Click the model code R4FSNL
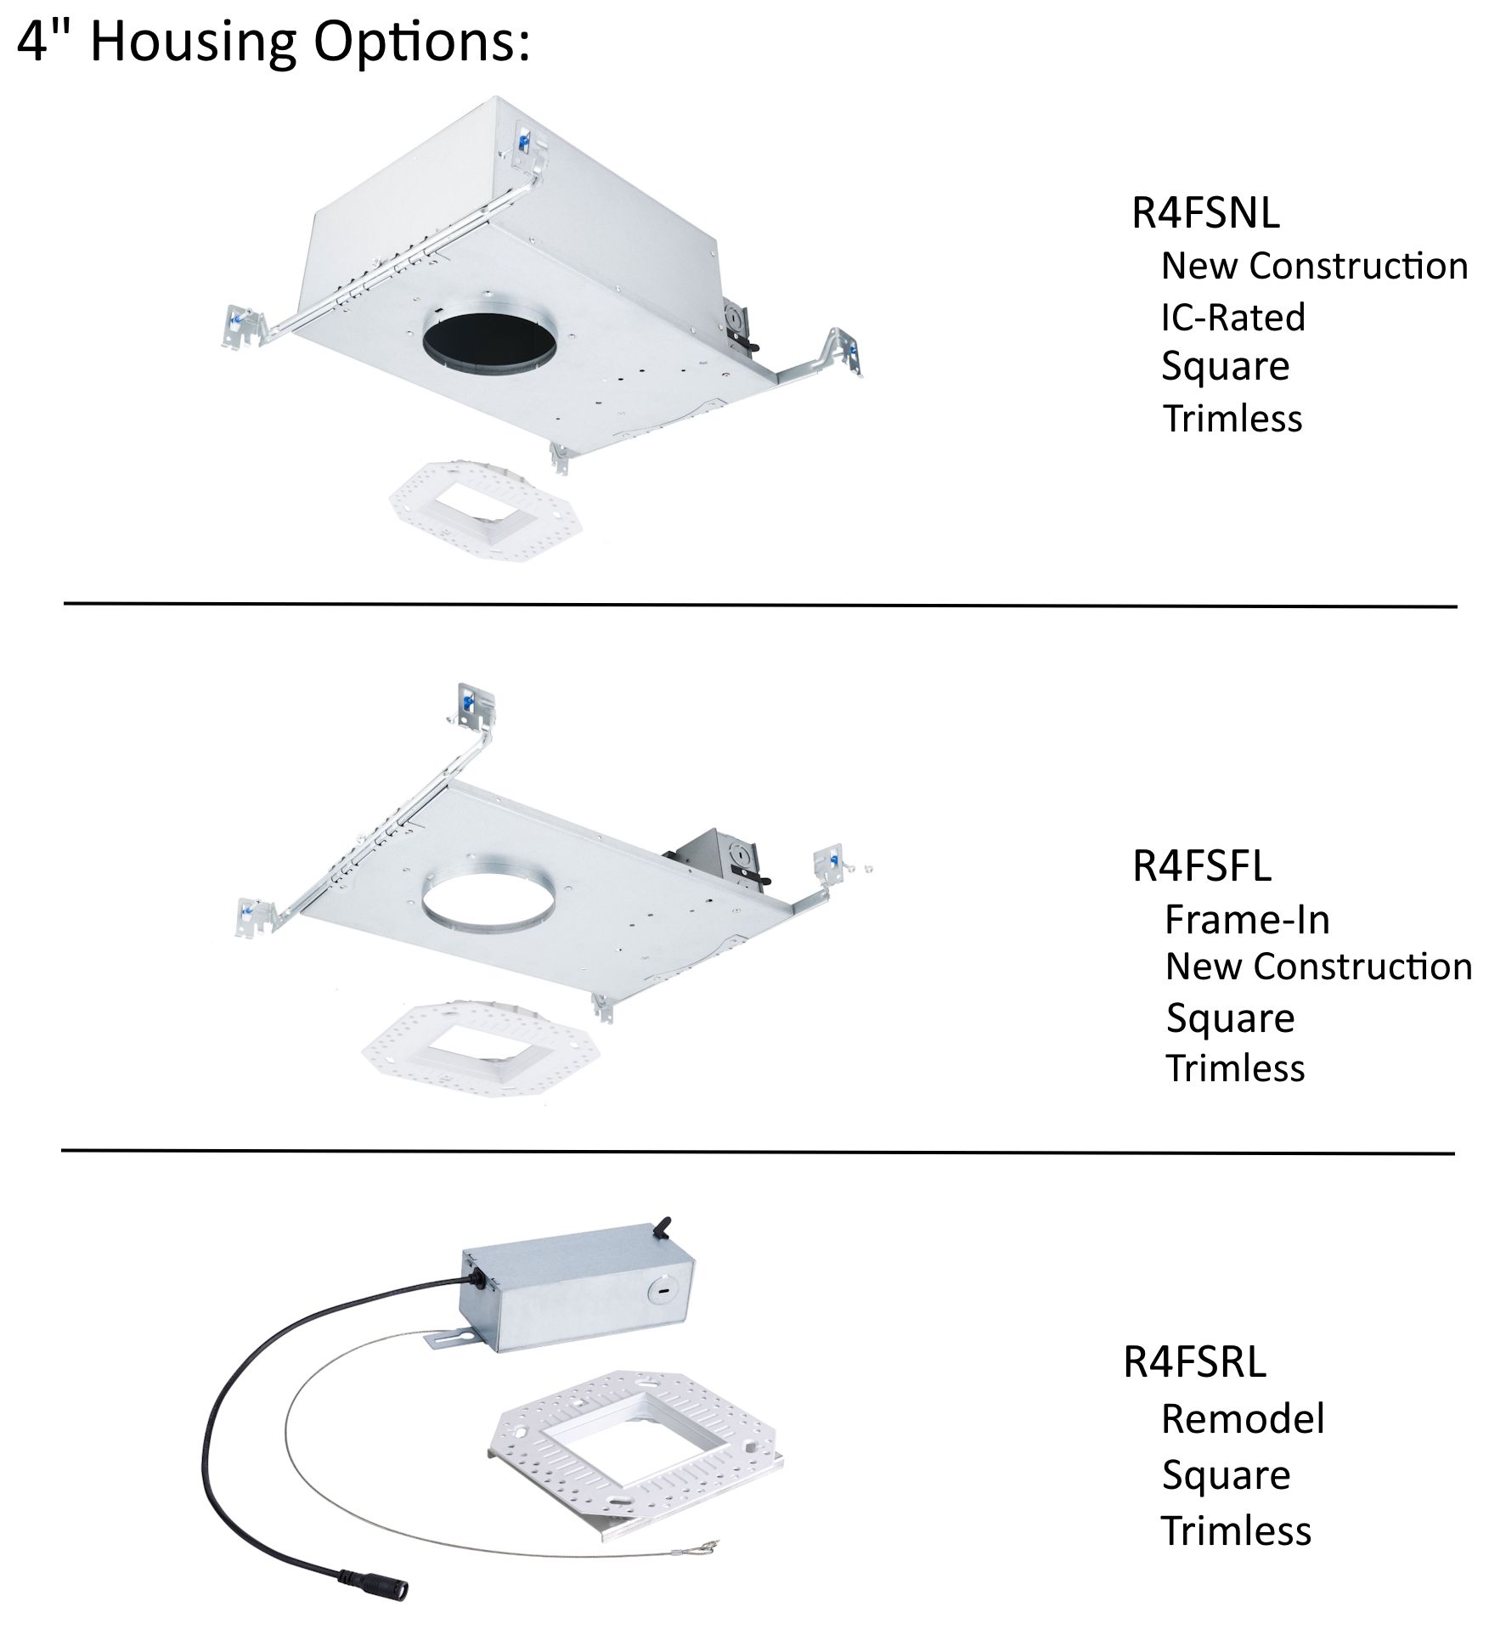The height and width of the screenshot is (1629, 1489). tap(1204, 213)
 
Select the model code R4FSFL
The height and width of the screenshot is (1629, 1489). tap(1201, 866)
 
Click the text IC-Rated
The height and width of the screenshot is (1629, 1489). tap(1232, 318)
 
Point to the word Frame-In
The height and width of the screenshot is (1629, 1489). tap(1246, 920)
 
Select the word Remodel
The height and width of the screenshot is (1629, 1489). tap(1242, 1419)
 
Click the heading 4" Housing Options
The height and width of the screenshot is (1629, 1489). tap(274, 42)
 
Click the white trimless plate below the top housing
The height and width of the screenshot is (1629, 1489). tap(474, 510)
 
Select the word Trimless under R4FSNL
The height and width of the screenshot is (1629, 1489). tap(1232, 419)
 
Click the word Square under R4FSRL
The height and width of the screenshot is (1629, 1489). tap(1225, 1475)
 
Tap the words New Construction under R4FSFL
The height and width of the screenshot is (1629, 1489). tap(1317, 967)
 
